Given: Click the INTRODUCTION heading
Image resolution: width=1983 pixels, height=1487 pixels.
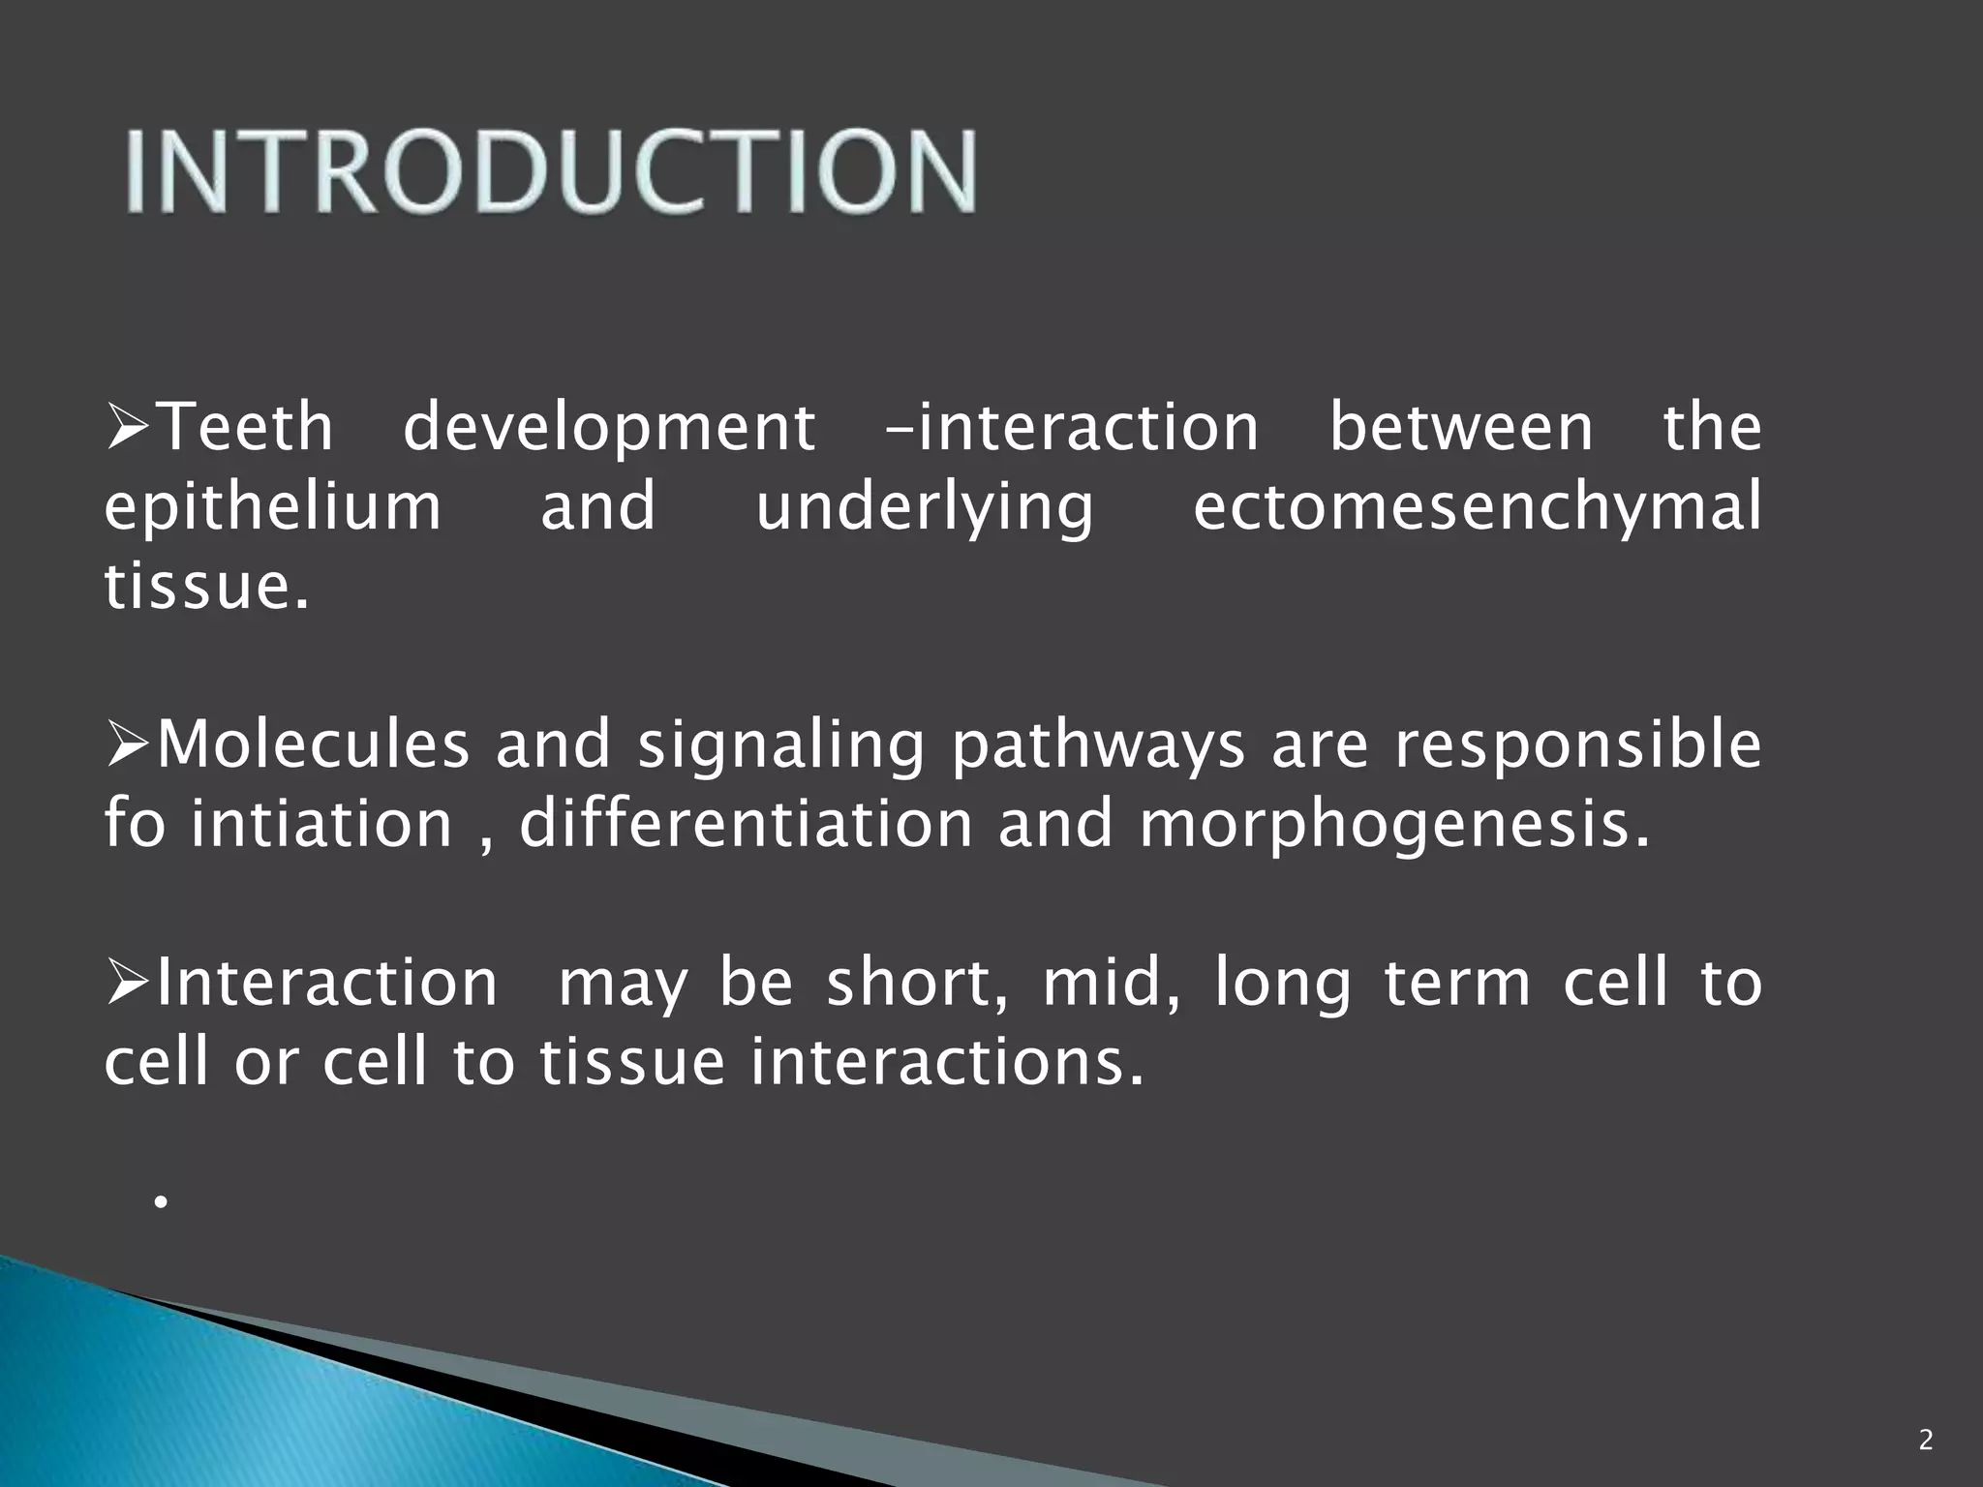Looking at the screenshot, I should [x=550, y=171].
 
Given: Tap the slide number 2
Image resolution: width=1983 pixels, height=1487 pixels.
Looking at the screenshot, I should [x=1925, y=1441].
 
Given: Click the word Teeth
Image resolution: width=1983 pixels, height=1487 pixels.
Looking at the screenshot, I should [x=244, y=427].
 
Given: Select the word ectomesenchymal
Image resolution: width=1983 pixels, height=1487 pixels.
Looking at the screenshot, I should [x=1476, y=507].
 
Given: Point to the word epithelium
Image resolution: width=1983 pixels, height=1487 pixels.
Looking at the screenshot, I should [x=272, y=507].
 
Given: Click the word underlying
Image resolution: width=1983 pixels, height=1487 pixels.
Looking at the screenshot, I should [x=924, y=509].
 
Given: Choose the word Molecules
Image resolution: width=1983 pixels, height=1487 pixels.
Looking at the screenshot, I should [x=312, y=745].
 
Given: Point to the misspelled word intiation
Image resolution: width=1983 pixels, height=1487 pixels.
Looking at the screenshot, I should [x=321, y=825].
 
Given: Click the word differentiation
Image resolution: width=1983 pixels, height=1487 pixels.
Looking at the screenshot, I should [x=745, y=825].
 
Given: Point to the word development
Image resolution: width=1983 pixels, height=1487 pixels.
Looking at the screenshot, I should [x=608, y=429].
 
